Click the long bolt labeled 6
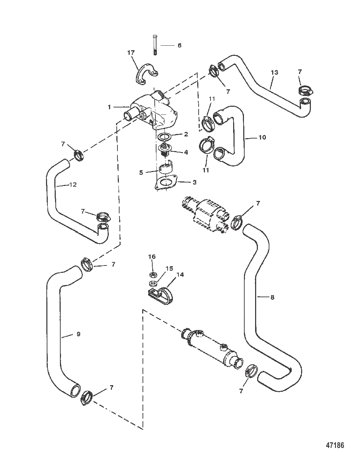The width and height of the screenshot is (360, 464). (155, 45)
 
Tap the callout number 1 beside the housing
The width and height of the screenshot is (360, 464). (109, 107)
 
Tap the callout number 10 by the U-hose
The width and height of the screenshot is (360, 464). (262, 137)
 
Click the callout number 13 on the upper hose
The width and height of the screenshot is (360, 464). (275, 73)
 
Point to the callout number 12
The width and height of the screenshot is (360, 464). (73, 185)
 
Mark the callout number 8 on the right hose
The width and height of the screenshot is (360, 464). (272, 297)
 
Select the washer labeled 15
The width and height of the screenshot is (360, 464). (153, 283)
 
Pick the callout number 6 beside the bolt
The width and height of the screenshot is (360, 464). (179, 45)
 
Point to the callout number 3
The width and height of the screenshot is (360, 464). (194, 182)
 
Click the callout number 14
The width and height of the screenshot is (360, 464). (180, 274)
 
